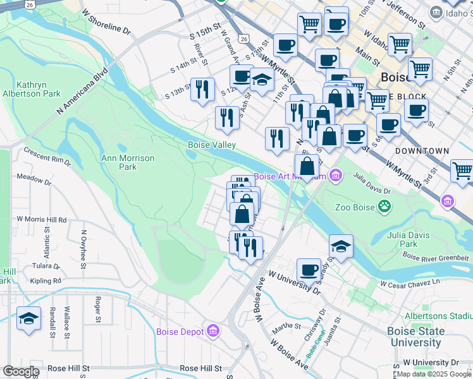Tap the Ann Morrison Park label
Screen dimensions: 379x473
point(128,162)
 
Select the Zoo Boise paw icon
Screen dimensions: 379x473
point(384,205)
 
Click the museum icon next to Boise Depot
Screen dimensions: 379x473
point(212,332)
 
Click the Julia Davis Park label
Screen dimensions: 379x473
point(409,239)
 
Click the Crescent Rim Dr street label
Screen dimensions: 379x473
point(47,156)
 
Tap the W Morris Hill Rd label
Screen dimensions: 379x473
point(41,219)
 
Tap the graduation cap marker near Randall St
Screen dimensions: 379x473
point(28,319)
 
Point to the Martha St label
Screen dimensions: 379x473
point(286,326)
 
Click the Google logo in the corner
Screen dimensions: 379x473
point(21,371)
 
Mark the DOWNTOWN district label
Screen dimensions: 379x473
point(422,152)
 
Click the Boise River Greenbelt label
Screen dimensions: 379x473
point(436,257)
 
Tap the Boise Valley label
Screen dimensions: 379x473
point(212,145)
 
